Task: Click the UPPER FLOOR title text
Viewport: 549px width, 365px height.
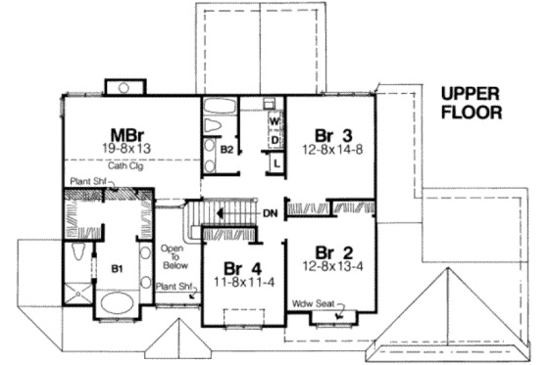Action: tap(472, 103)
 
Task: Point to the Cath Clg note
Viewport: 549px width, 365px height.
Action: tap(125, 164)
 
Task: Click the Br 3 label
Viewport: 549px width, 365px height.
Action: tap(333, 134)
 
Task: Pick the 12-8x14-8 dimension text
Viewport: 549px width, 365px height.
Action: tap(333, 150)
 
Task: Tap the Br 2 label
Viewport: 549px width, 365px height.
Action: tap(332, 249)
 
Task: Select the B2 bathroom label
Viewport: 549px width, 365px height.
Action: tap(225, 151)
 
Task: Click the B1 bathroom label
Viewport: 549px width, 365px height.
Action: tap(115, 266)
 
